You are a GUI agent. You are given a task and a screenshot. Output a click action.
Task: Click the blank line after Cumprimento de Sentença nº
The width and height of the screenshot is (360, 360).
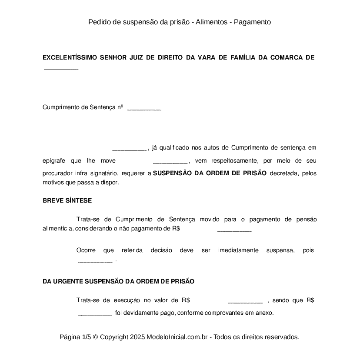(144, 109)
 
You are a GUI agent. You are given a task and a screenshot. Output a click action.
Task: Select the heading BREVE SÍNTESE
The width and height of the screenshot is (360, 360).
(67, 200)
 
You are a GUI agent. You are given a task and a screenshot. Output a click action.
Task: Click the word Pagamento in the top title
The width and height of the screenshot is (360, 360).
(252, 22)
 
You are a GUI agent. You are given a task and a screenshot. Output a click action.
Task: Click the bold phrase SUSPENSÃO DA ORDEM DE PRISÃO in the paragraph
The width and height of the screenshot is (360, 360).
(210, 173)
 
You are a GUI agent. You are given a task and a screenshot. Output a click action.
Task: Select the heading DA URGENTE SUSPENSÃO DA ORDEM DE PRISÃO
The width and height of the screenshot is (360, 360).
(118, 281)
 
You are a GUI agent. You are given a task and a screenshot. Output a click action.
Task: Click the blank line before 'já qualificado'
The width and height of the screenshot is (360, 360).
(129, 149)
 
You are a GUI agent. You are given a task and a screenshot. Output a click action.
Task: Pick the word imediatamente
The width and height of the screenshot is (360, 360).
(238, 250)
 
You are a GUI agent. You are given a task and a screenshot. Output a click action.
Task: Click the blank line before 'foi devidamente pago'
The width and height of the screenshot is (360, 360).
(95, 313)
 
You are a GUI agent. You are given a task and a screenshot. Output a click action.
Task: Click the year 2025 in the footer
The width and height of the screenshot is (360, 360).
(137, 337)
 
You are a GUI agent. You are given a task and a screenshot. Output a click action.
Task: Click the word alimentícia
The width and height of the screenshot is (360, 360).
(57, 229)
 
